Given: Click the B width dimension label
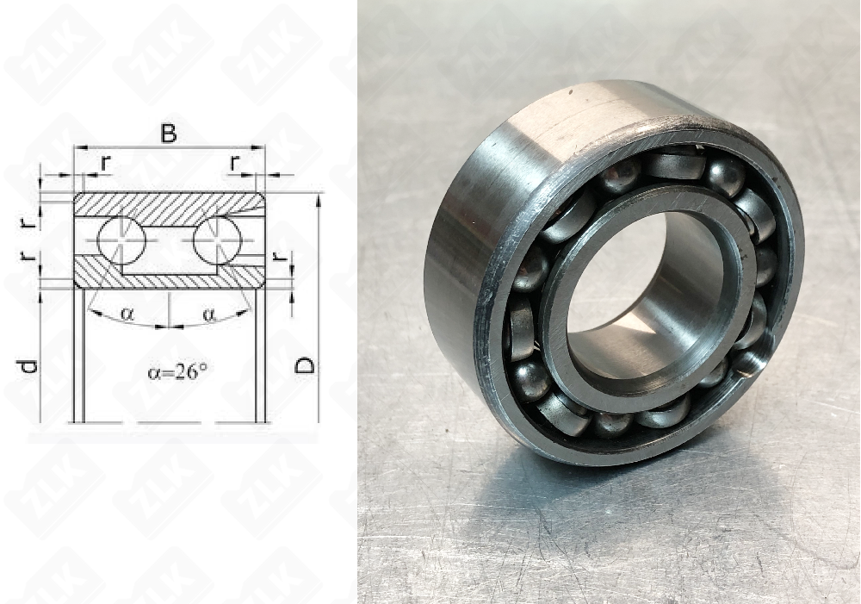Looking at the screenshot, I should pyautogui.click(x=170, y=134).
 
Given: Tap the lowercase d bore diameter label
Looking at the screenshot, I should pyautogui.click(x=28, y=366).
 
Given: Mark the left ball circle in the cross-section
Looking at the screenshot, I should pyautogui.click(x=121, y=239).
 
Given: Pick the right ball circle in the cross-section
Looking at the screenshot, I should pyautogui.click(x=217, y=239).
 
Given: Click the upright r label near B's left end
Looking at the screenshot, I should pyautogui.click(x=105, y=161).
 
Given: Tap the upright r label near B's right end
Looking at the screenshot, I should pyautogui.click(x=235, y=161).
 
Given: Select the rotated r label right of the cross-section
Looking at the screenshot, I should pyautogui.click(x=277, y=258).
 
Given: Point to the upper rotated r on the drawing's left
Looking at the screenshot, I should pyautogui.click(x=28, y=221).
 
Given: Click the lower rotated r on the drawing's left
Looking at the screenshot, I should pyautogui.click(x=28, y=258).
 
